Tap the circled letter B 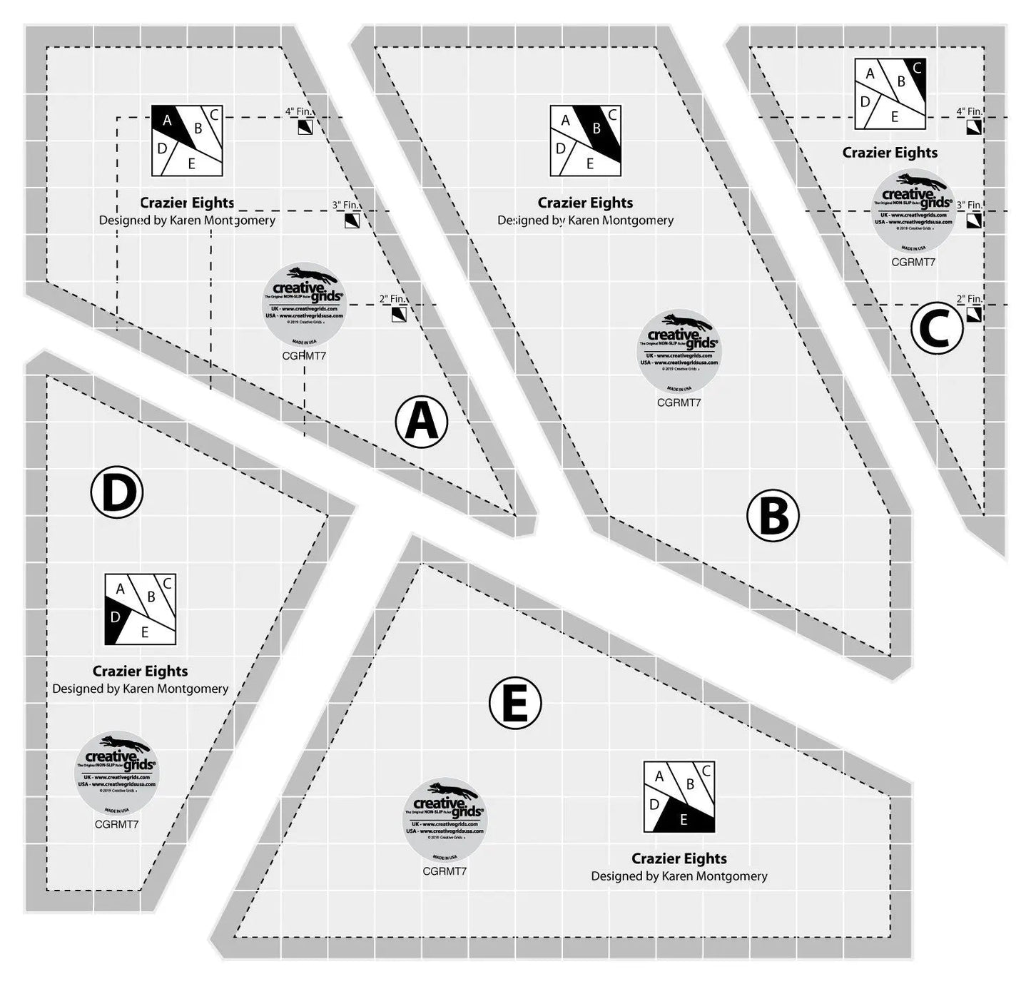773,515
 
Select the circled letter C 937,328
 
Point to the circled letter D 117,492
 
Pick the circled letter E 515,704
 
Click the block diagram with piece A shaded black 187,141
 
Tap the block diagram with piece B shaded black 586,141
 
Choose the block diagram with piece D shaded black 141,609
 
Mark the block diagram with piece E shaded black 679,796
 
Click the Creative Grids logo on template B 679,351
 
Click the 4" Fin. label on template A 299,111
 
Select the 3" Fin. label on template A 345,205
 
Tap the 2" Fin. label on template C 970,299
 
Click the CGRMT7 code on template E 445,871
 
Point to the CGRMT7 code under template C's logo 913,262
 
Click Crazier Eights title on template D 141,671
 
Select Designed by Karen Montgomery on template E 679,876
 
